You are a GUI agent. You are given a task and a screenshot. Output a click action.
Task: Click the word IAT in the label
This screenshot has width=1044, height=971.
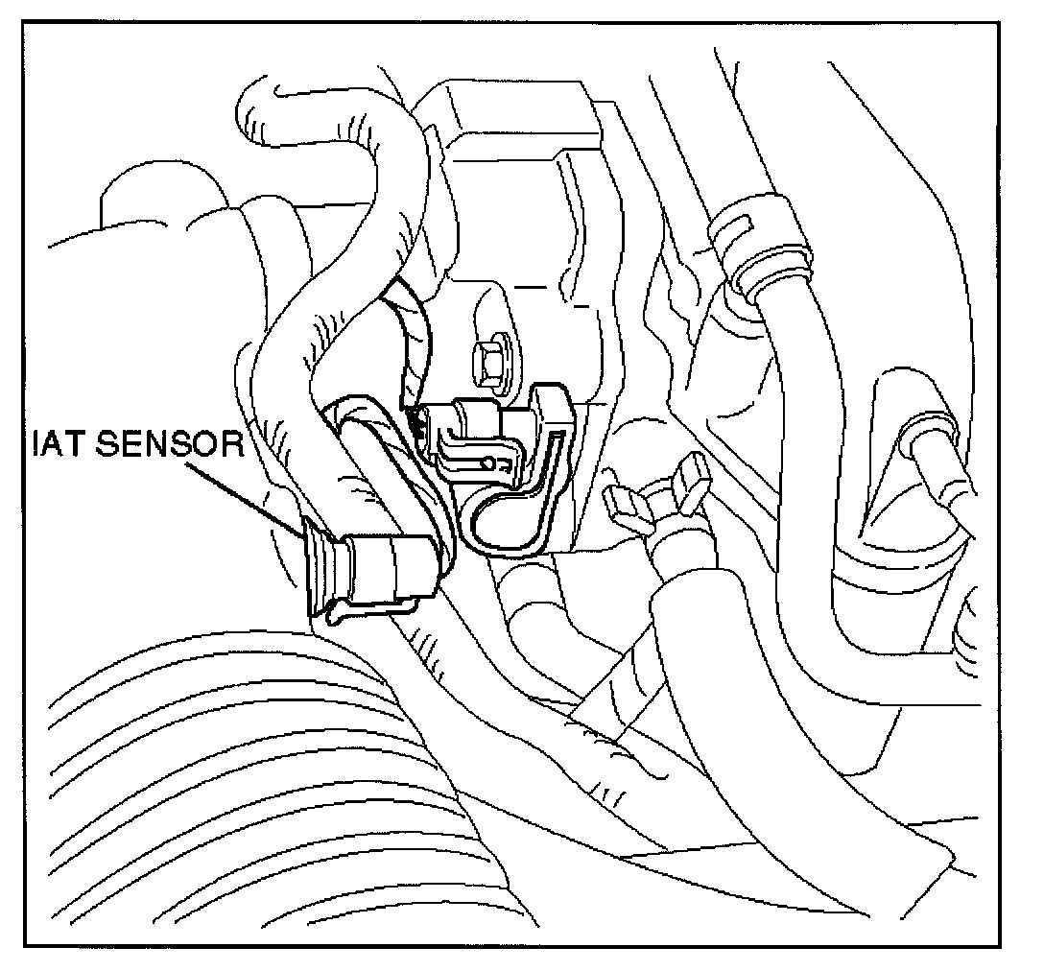[55, 445]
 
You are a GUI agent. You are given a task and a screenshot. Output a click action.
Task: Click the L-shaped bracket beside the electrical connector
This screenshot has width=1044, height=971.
[537, 480]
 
